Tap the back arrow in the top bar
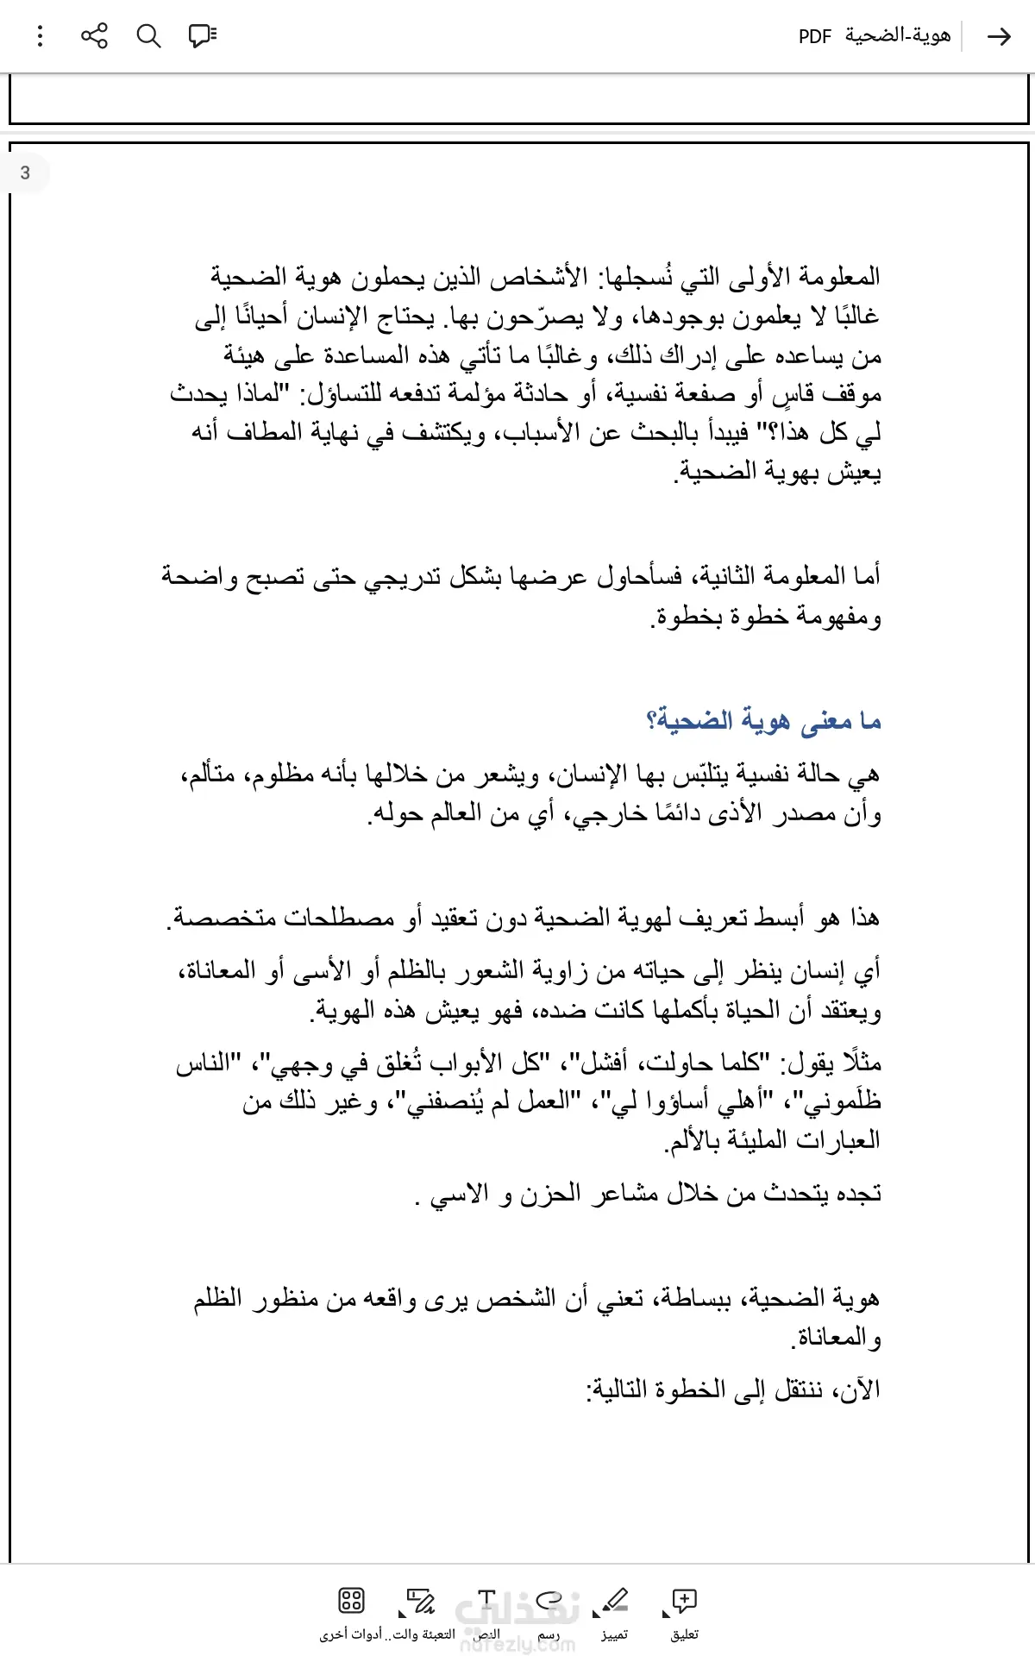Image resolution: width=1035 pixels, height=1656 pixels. (999, 36)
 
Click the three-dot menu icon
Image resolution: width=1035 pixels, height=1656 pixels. (40, 36)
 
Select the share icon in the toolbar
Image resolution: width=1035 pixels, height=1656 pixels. (94, 36)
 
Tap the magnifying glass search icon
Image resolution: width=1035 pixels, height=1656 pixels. (148, 36)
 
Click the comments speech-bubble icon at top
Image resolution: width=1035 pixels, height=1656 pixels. (203, 36)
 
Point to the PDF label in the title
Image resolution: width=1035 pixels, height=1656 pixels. (814, 36)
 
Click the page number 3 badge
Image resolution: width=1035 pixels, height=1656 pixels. (25, 172)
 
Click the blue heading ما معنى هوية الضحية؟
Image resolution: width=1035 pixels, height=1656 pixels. (763, 720)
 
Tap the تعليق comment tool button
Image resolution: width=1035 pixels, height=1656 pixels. (684, 1602)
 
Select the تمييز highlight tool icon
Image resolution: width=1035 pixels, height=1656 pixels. (615, 1602)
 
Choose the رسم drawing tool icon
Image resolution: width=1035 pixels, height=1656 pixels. (549, 1602)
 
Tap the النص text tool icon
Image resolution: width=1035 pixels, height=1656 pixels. (487, 1602)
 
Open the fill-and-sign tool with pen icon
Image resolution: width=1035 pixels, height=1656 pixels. (421, 1602)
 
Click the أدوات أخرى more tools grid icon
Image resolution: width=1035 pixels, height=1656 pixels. (351, 1602)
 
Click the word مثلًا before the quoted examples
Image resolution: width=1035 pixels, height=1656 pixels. (859, 1063)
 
